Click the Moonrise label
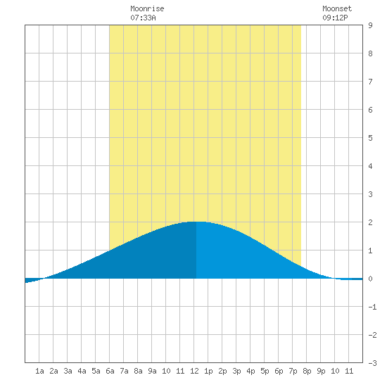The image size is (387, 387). [x=147, y=8]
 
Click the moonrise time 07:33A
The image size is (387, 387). [x=143, y=18]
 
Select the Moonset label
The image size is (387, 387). [x=337, y=8]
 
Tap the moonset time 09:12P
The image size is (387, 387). [x=335, y=18]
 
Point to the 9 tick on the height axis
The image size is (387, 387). [x=370, y=25]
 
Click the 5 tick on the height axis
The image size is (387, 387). [x=370, y=138]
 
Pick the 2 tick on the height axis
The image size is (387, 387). [x=370, y=222]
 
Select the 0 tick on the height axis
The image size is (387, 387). [x=370, y=279]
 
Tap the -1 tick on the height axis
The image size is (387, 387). [x=372, y=307]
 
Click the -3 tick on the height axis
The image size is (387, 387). [x=372, y=363]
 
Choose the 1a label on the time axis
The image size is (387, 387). [x=39, y=371]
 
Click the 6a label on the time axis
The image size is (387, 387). [x=110, y=371]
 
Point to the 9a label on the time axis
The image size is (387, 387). [x=152, y=371]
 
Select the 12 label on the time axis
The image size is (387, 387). [x=194, y=371]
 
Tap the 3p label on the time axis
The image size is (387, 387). [x=236, y=371]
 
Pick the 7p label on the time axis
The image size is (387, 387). [x=293, y=371]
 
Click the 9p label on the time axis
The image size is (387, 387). [x=321, y=371]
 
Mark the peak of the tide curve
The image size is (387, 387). [x=196, y=222]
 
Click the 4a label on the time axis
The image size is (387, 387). [x=82, y=371]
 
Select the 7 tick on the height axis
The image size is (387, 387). [x=370, y=82]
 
